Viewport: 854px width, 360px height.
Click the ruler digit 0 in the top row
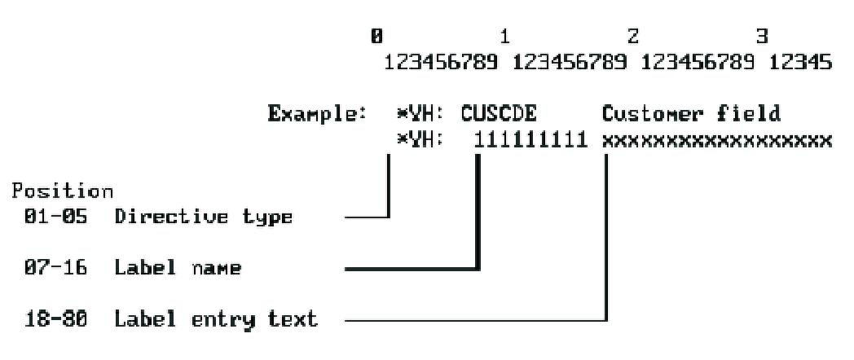pos(376,37)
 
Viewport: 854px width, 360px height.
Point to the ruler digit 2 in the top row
pos(634,37)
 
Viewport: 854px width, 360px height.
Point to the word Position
pos(63,192)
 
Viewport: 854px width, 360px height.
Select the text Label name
pos(177,268)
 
